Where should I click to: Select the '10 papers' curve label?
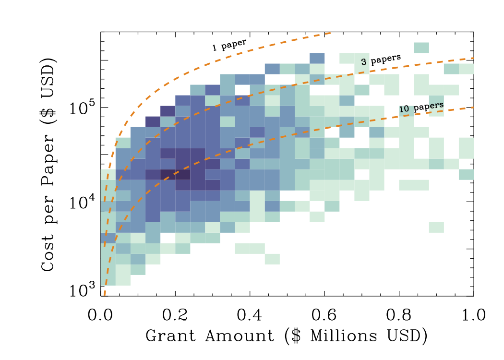click(421, 108)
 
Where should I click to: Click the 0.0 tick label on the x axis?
click(100, 315)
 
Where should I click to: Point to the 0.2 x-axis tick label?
click(175, 315)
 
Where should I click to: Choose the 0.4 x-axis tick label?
click(250, 315)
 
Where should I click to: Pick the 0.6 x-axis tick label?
click(324, 315)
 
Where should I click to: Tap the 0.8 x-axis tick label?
click(399, 315)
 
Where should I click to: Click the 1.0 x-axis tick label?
click(473, 315)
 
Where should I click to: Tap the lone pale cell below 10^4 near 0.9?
click(436, 227)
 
